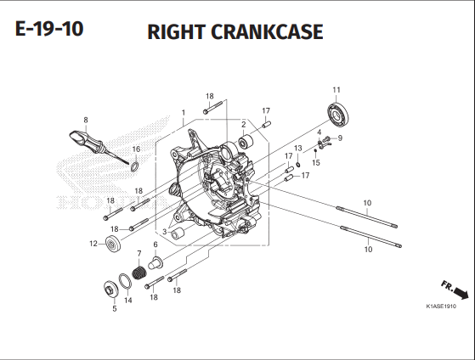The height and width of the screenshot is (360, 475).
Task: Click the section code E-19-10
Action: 49,31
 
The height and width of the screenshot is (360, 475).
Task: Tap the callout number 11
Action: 336,90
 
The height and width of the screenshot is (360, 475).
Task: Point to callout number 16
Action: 136,149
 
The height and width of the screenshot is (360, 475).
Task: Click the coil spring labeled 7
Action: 138,274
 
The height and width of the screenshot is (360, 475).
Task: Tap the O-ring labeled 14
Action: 124,282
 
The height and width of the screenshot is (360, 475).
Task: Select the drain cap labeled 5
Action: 111,290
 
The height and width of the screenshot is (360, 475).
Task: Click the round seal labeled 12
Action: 111,245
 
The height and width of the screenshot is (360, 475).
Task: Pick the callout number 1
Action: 183,112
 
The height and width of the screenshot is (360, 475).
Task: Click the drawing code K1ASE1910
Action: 441,306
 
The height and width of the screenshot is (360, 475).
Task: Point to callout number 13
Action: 298,149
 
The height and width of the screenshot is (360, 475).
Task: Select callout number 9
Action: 339,138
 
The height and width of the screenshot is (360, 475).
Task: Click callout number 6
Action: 156,245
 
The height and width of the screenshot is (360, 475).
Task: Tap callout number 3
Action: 164,231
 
